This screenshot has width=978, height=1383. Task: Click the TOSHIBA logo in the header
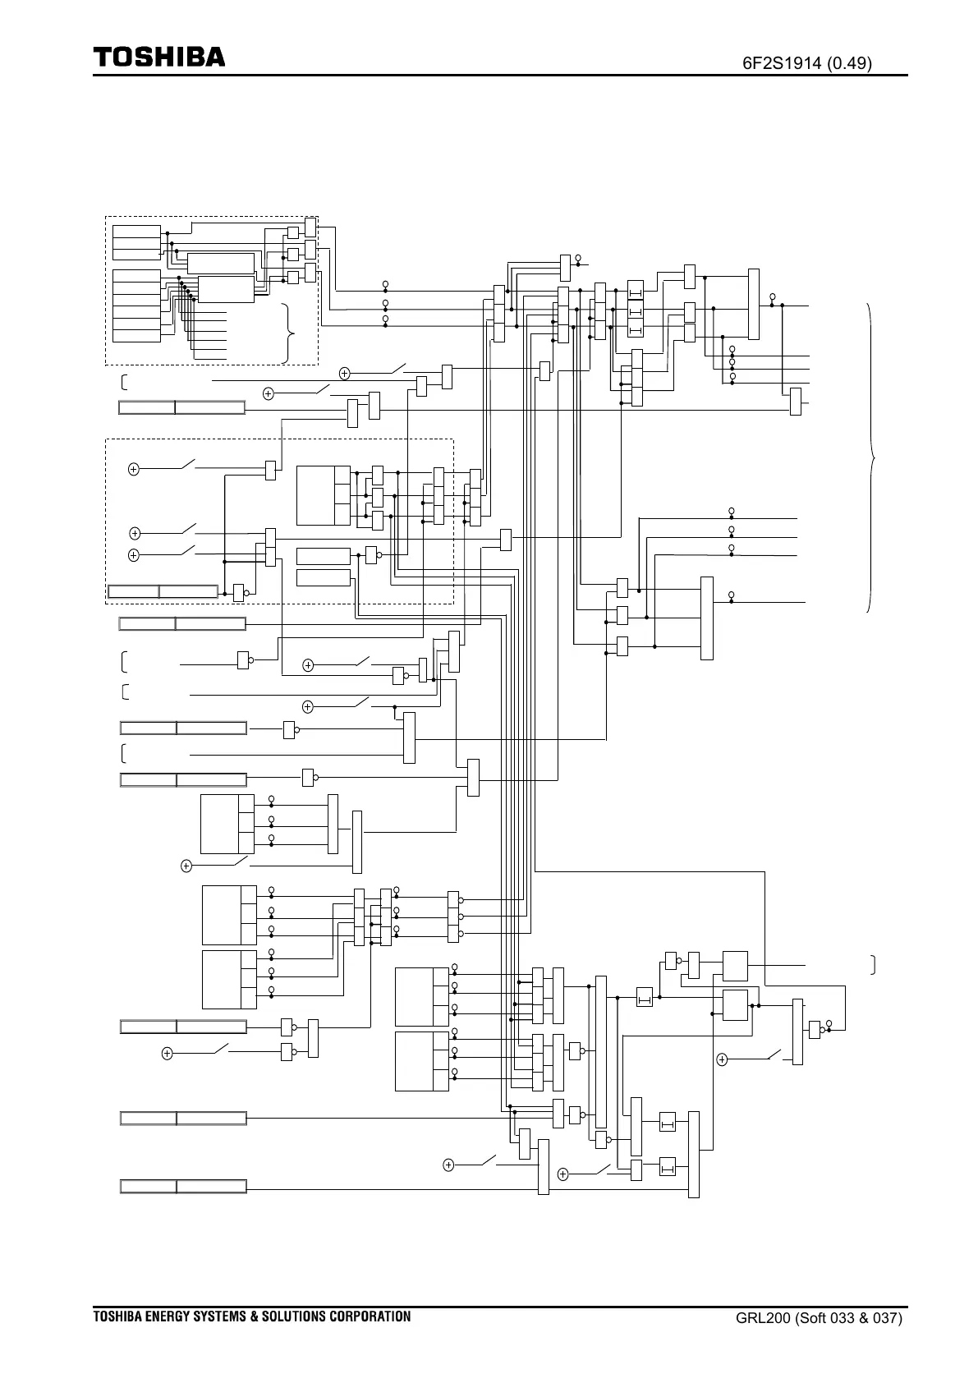pyautogui.click(x=158, y=57)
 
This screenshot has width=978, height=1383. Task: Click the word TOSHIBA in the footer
pyautogui.click(x=117, y=1316)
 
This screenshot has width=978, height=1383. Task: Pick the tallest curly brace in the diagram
pyautogui.click(x=870, y=457)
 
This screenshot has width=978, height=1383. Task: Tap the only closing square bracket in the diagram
pyautogui.click(x=873, y=964)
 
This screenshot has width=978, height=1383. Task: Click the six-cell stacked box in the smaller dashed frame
pyautogui.click(x=136, y=305)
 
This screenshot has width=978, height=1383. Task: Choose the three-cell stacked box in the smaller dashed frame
pyautogui.click(x=136, y=241)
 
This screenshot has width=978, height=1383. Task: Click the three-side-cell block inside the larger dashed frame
pyautogui.click(x=324, y=495)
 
